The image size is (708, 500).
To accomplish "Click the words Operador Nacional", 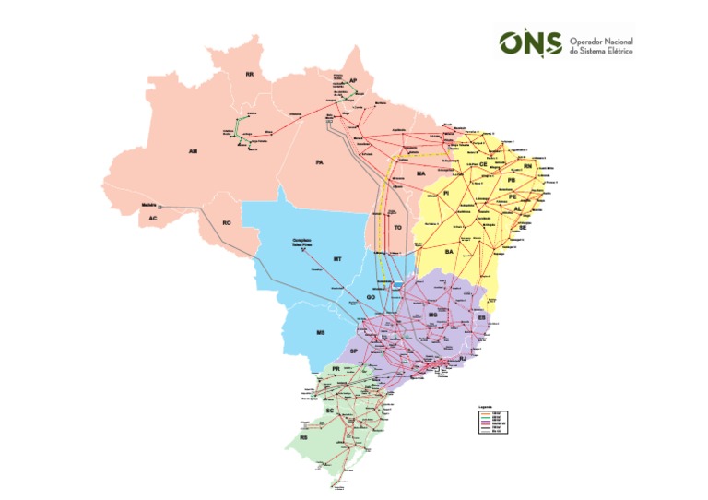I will click(602, 41).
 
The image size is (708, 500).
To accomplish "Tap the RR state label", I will click(249, 74).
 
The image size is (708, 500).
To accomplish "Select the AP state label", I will click(353, 81).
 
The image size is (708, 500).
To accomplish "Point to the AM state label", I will click(193, 150).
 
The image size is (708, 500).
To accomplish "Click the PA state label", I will click(319, 162).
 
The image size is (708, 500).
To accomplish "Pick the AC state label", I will click(152, 219).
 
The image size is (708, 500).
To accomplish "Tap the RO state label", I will click(226, 222).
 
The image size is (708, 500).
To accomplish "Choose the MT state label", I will click(337, 260).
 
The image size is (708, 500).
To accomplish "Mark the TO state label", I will click(398, 226).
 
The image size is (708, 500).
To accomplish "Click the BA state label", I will click(450, 251).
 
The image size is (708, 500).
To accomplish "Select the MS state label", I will click(321, 331).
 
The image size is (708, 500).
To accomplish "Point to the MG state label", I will click(432, 315).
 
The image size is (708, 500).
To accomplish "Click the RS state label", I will click(303, 438).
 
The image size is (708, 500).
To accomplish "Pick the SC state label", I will click(329, 410).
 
